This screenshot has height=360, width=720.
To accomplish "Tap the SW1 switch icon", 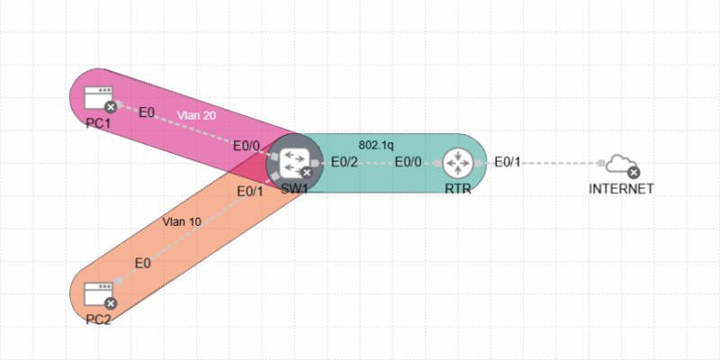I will [x=293, y=162].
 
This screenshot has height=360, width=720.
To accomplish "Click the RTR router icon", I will [x=459, y=163].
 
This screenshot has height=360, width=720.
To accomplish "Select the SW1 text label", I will [x=294, y=188].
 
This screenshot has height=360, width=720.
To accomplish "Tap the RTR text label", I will [x=459, y=189].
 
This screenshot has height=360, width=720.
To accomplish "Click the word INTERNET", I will [x=620, y=189].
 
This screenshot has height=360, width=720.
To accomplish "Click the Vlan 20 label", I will [x=195, y=115].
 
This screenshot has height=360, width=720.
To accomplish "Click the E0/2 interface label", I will [x=345, y=163].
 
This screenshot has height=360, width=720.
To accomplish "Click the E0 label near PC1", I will [x=146, y=112].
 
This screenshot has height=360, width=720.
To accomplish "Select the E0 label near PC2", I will [x=142, y=263].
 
